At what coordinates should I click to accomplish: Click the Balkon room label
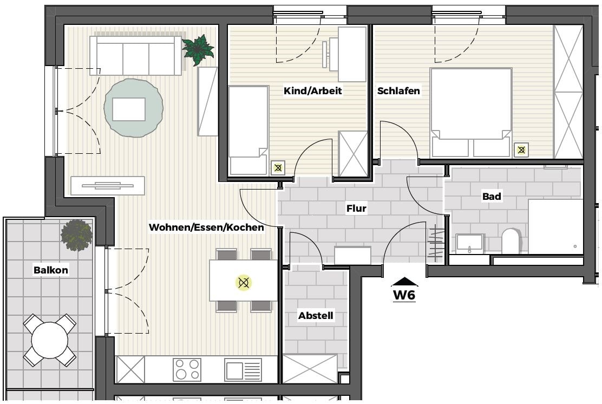51,270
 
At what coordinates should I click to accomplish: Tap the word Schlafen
398,91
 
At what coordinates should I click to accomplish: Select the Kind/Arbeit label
312,91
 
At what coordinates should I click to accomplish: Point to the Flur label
356,208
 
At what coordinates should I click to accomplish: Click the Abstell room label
316,316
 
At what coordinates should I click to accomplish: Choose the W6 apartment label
404,295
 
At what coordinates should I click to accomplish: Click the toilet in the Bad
511,241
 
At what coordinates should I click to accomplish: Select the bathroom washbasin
469,244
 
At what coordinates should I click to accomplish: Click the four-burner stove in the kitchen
187,369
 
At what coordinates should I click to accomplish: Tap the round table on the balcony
49,340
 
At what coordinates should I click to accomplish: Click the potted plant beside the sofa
198,50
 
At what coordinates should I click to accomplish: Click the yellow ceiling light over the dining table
244,283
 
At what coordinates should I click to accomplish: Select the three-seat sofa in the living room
135,56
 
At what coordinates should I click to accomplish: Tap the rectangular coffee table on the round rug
129,109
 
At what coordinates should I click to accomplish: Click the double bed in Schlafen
471,113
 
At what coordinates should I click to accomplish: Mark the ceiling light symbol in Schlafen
521,150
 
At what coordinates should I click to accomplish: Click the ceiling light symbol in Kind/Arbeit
278,168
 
